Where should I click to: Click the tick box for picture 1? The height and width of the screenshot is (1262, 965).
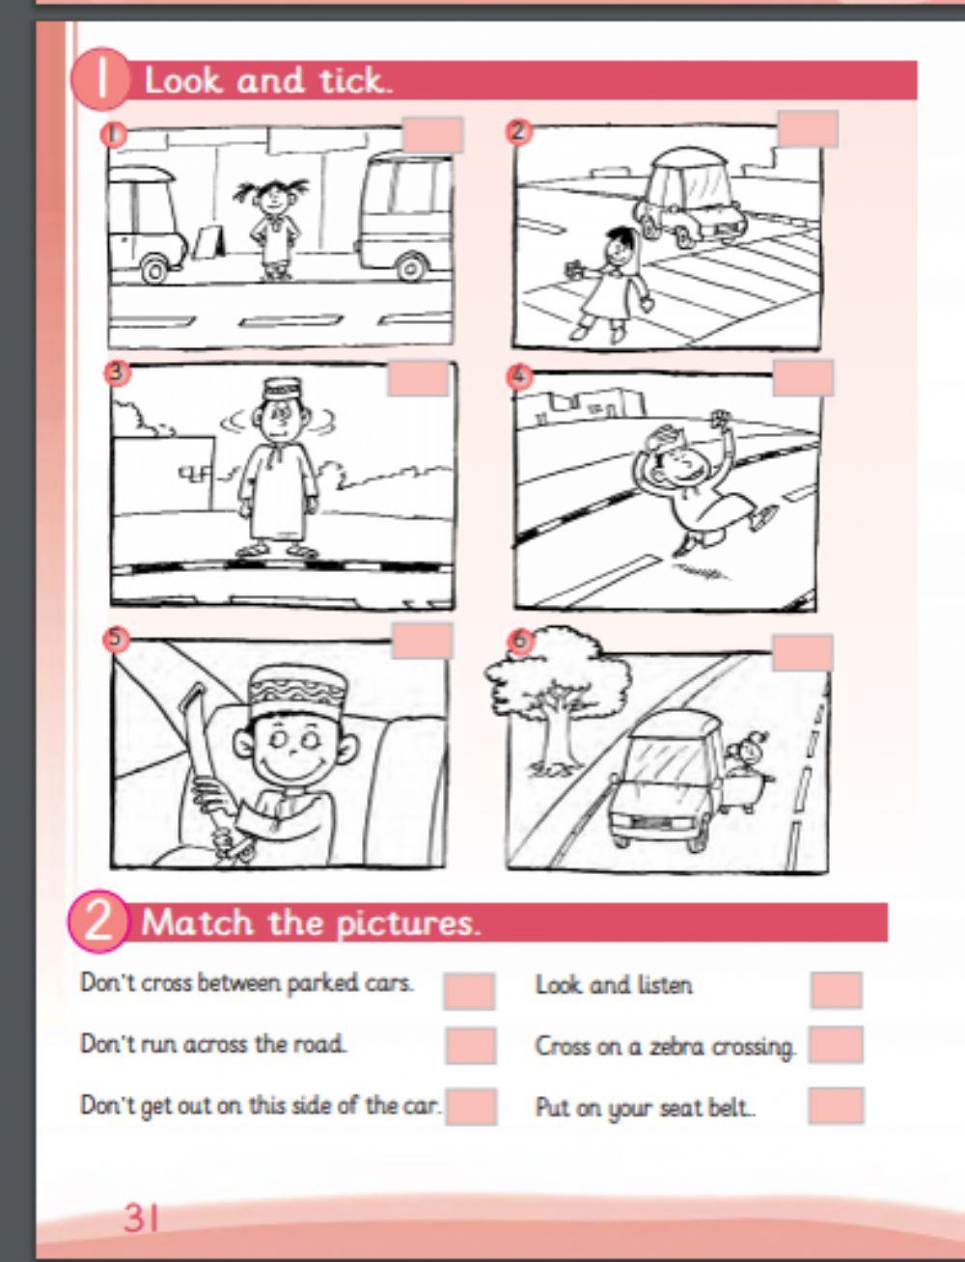click(x=432, y=135)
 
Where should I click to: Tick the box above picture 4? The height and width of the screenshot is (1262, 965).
click(x=803, y=377)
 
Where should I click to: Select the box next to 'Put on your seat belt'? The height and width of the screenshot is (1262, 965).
click(x=836, y=1106)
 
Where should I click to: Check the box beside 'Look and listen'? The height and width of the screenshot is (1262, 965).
click(x=836, y=990)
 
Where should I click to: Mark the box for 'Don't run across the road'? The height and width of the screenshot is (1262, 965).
click(x=470, y=1046)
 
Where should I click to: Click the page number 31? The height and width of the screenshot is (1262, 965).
click(x=140, y=1218)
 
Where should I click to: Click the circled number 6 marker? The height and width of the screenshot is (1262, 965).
click(x=520, y=641)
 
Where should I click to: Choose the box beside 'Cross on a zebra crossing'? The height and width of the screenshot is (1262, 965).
click(x=836, y=1045)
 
